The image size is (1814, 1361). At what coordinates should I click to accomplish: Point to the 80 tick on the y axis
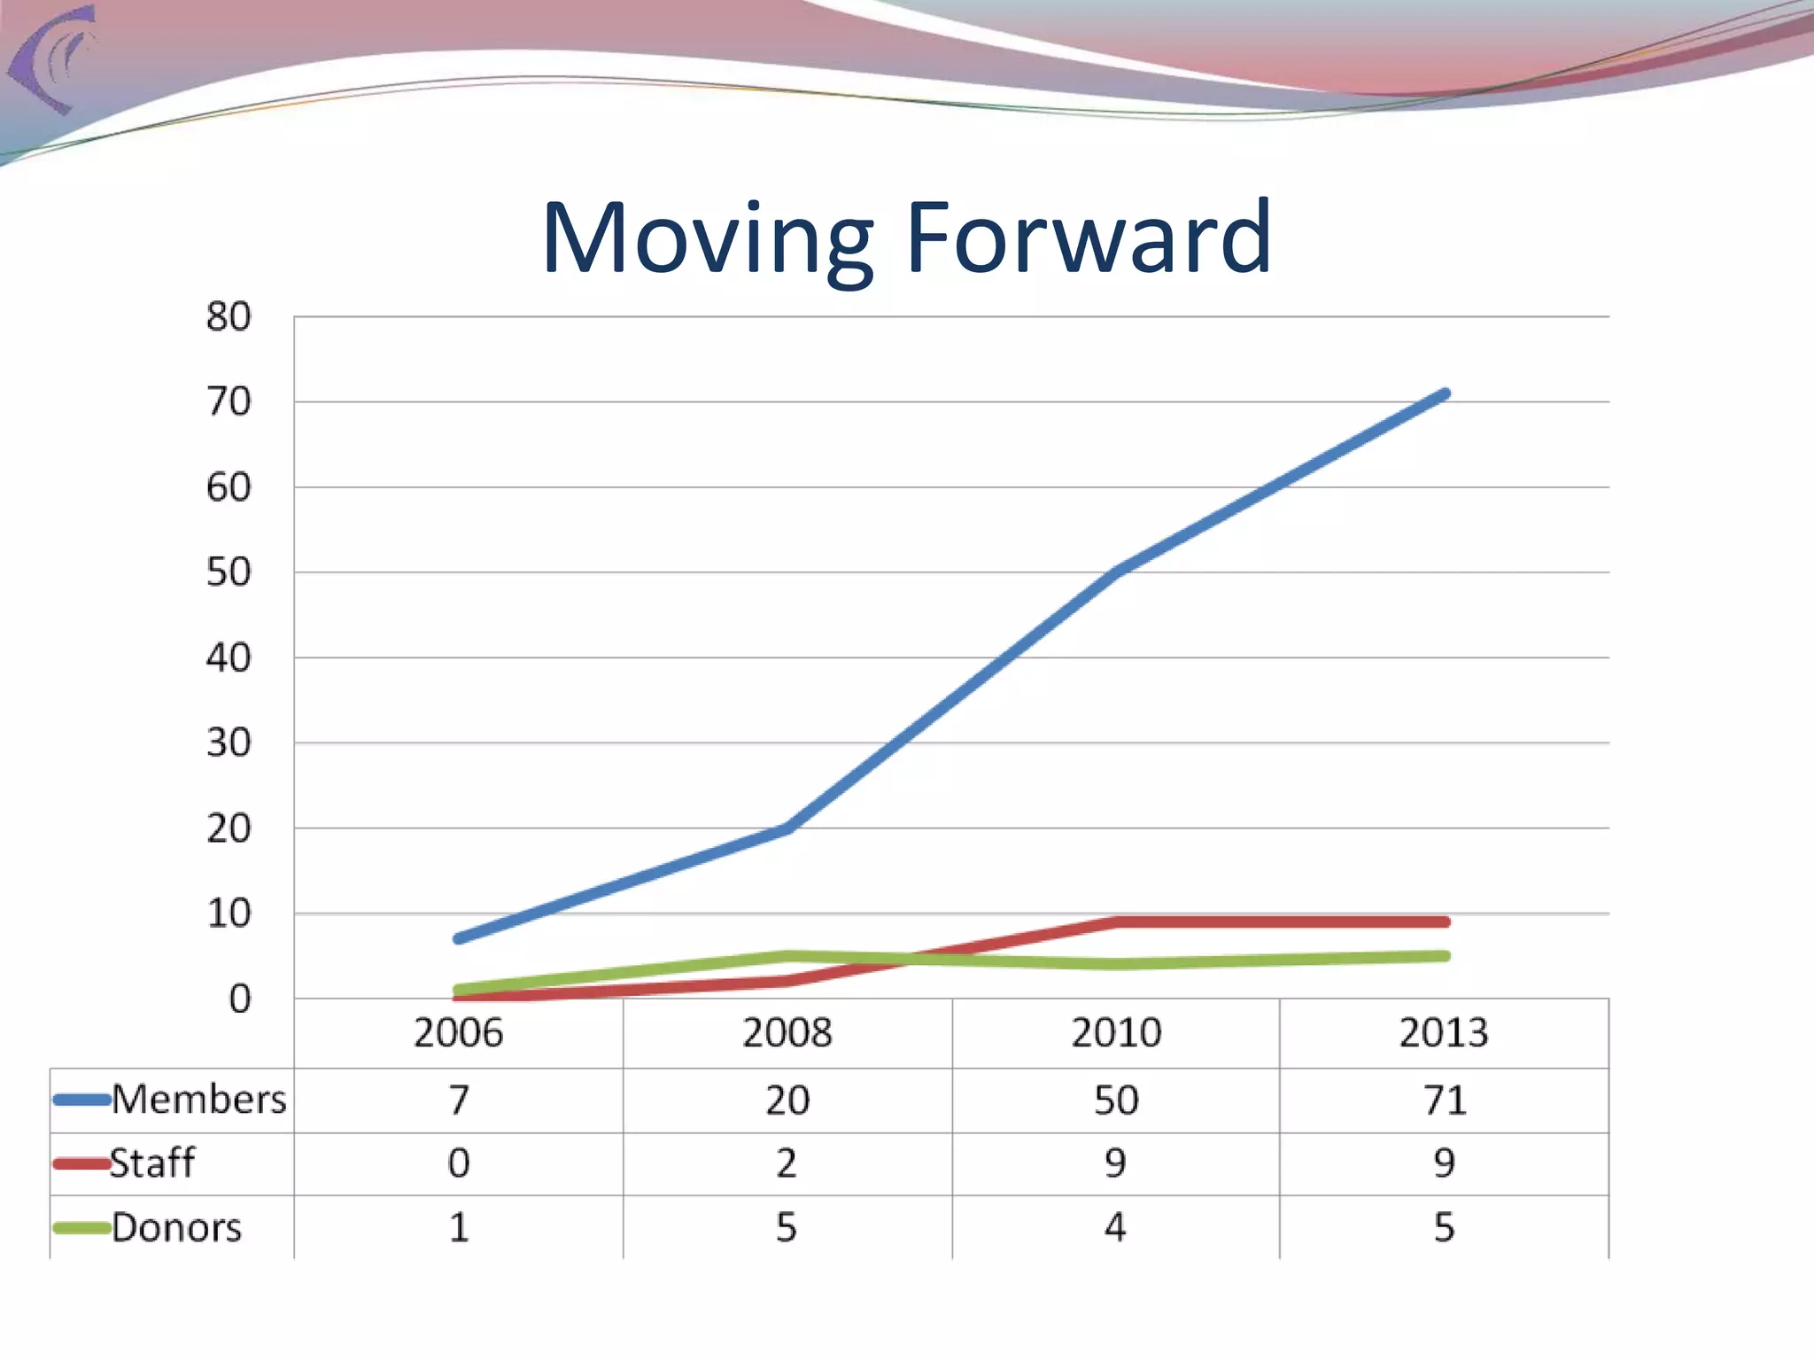click(x=229, y=317)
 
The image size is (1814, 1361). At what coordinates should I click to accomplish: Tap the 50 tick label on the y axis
click(x=229, y=572)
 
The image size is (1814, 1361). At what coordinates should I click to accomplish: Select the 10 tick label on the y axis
click(x=229, y=914)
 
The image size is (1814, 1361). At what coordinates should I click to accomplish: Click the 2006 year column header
click(x=458, y=1033)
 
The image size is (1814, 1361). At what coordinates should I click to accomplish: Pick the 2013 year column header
click(x=1444, y=1033)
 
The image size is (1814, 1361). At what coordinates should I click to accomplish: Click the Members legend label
click(x=198, y=1100)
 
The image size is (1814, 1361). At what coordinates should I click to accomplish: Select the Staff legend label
click(x=151, y=1163)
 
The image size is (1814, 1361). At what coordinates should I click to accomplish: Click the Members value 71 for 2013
click(x=1445, y=1100)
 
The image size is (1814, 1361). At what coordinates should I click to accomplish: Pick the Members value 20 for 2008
click(x=787, y=1100)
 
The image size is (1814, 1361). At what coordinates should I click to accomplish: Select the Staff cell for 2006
click(x=458, y=1163)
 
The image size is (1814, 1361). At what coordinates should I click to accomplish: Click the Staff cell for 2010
click(x=1115, y=1163)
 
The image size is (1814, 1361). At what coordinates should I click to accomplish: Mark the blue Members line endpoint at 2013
click(x=1445, y=393)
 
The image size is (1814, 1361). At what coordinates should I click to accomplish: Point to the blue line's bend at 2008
click(x=787, y=828)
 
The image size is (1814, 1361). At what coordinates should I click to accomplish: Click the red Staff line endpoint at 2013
click(x=1445, y=922)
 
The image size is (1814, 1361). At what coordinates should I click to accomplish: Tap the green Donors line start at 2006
click(x=458, y=990)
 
